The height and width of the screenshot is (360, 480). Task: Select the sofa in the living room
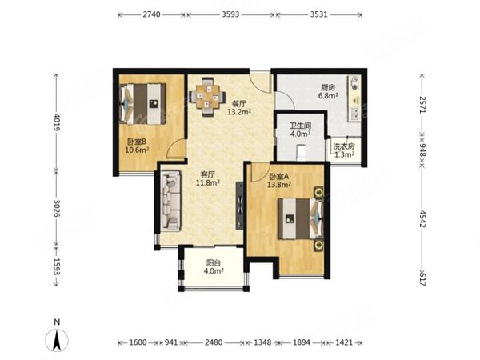[x=171, y=201]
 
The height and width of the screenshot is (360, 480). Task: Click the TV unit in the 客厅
[x=239, y=206]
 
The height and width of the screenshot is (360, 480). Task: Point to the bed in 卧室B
[x=142, y=104]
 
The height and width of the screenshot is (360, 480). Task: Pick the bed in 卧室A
[x=301, y=218]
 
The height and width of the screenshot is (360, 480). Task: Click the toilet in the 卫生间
[x=302, y=153]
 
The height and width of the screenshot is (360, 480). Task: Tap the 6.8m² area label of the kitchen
[x=328, y=95]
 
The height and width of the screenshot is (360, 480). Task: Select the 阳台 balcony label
[x=214, y=263]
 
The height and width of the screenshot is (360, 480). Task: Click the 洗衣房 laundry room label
[x=344, y=146]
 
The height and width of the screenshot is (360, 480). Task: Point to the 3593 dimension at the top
[x=230, y=14]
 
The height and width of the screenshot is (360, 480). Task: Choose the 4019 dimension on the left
[x=57, y=122]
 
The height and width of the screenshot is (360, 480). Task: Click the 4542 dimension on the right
[x=422, y=218]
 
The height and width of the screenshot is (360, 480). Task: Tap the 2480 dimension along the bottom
[x=214, y=342]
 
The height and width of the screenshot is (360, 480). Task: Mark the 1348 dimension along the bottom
[x=262, y=342]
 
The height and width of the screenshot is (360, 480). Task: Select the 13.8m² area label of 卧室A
[x=279, y=185]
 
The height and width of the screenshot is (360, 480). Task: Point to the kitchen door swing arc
[x=285, y=100]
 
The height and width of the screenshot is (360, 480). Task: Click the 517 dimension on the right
[x=422, y=279]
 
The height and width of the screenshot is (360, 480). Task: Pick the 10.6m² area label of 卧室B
[x=137, y=150]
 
